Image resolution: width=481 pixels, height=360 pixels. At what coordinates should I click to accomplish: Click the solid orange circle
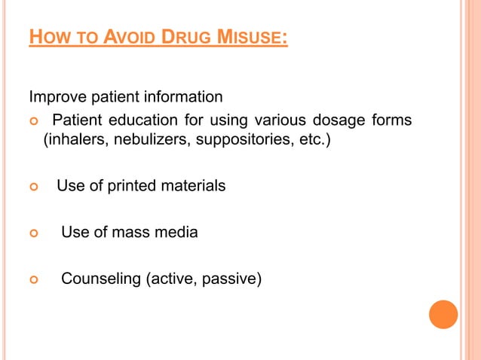click(x=443, y=315)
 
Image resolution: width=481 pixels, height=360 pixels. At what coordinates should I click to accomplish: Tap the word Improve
click(x=55, y=97)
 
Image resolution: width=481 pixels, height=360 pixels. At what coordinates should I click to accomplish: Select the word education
click(x=138, y=120)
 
